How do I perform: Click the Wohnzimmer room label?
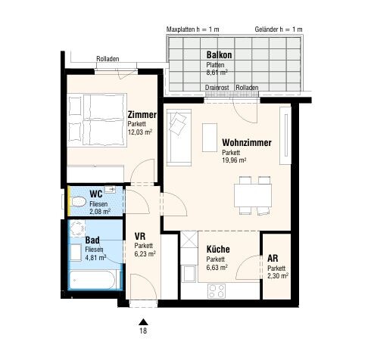click(247, 143)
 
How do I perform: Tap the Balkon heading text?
click(219, 54)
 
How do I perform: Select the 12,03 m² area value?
click(140, 132)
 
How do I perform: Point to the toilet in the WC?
click(78, 202)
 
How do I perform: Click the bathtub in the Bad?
click(94, 280)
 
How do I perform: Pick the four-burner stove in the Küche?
click(217, 291)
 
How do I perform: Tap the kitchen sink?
click(189, 274)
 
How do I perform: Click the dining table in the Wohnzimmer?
click(253, 196)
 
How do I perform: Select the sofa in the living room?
click(179, 138)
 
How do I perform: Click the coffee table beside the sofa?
click(210, 138)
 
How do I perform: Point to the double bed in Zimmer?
click(97, 120)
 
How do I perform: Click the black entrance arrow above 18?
click(143, 322)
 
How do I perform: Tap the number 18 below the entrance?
click(143, 331)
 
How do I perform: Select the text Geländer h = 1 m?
click(279, 29)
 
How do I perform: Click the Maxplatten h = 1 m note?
click(193, 29)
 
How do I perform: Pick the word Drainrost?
click(217, 88)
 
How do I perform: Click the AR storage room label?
click(273, 259)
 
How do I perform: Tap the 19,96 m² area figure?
click(234, 160)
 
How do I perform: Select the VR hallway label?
click(140, 237)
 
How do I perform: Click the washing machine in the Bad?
click(76, 228)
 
